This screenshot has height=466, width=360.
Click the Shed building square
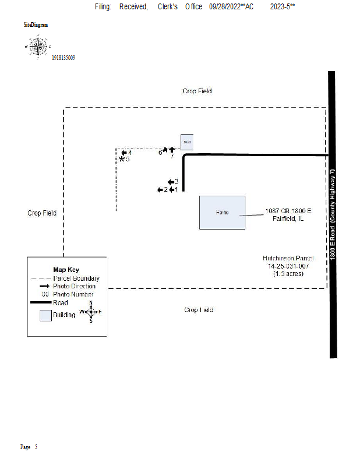point(186,142)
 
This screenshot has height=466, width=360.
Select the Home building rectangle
point(222,213)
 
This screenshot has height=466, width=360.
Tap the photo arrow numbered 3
point(171,182)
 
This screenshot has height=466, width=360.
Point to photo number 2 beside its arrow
point(165,189)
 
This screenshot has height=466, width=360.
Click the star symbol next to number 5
point(122,159)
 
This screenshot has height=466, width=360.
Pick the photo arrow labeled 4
point(124,153)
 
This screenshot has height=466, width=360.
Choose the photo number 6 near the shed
point(160,152)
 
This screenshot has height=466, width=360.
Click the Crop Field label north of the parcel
point(197,91)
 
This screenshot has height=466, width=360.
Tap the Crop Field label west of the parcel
point(42,213)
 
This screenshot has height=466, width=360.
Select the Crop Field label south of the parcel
point(199,310)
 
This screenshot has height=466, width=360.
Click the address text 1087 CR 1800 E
point(288,210)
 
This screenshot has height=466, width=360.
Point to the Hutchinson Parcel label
point(288,258)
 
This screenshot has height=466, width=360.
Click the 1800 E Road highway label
point(332,215)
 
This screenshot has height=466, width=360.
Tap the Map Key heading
point(65,270)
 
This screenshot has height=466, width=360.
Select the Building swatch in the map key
point(45,315)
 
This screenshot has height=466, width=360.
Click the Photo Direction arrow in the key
point(44,286)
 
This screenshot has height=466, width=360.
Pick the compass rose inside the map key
point(91,312)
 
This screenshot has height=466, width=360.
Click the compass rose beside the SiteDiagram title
point(38,47)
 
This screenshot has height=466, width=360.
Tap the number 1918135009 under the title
point(63,58)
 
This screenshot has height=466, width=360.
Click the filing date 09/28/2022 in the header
point(224,6)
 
